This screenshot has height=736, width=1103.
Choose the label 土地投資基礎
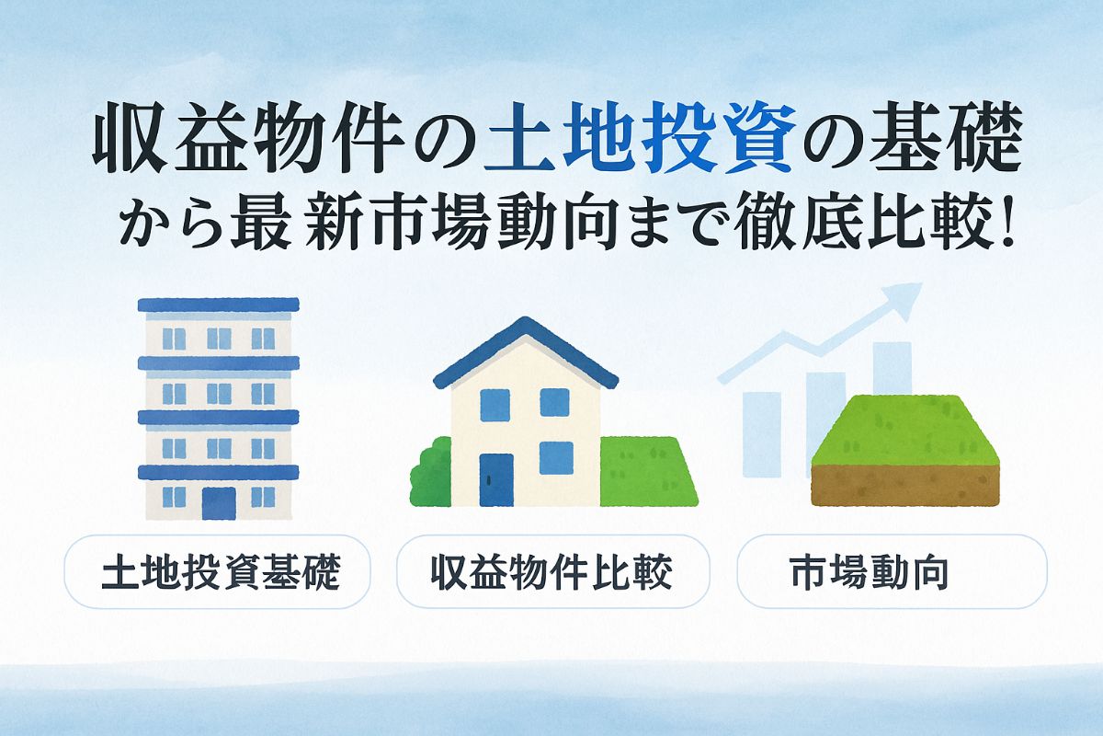tap(221, 572)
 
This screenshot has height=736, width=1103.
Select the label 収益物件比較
tap(552, 572)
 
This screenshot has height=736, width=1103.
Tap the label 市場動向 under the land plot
tap(870, 572)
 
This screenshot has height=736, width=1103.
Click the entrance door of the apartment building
tap(219, 503)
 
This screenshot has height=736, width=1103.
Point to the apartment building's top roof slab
tap(218, 305)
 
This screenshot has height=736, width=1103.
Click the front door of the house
tap(496, 479)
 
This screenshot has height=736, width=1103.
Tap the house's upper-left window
tap(495, 405)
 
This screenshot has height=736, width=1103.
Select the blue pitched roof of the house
tap(526, 351)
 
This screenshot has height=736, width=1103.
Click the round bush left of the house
tap(431, 472)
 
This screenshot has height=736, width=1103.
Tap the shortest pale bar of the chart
tap(761, 434)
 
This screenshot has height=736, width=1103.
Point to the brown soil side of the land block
tap(905, 485)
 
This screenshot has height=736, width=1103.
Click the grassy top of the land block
tap(905, 431)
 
